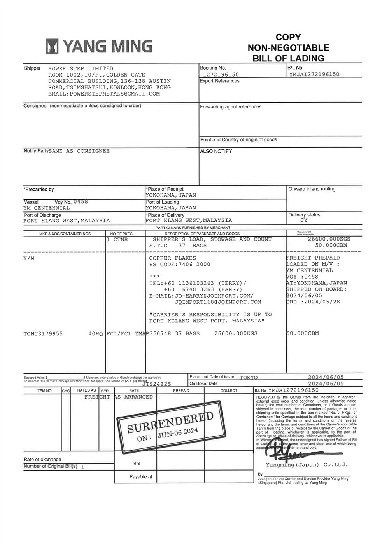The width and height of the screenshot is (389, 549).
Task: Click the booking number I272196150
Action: pos(221,74)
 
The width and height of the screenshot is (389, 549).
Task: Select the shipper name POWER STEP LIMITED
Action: pos(81,68)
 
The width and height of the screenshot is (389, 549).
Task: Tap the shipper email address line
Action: pos(104,94)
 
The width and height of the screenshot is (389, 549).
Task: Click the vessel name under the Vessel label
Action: pos(47,208)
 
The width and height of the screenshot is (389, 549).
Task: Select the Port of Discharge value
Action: pos(67,220)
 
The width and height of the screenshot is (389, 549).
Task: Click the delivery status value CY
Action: pos(303,220)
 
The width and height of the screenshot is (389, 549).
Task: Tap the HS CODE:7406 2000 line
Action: pos(180,264)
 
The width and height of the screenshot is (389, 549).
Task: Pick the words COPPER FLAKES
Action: pos(173,258)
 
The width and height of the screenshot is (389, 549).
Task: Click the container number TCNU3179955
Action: pos(43,333)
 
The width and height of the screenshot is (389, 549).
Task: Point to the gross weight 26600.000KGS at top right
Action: pos(329,239)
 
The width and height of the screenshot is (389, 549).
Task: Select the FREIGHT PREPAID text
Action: pos(313,258)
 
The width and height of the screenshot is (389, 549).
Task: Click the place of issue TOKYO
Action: pos(249,377)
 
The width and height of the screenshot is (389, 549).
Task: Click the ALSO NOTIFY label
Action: pos(216,151)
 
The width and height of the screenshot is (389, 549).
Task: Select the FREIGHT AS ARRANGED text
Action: pos(119,397)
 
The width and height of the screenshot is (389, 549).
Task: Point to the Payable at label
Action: pos(141,476)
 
